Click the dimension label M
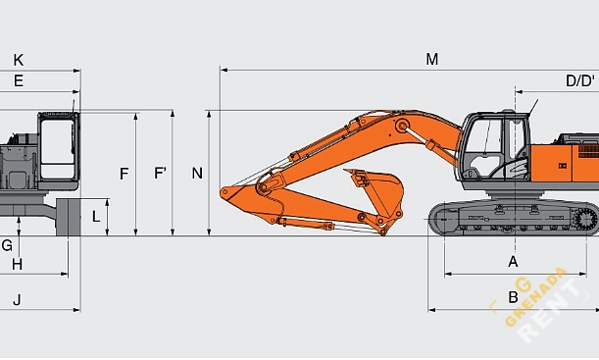click(431, 59)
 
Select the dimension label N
click(197, 174)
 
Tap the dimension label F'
click(160, 174)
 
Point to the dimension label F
click(124, 174)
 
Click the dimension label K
click(19, 60)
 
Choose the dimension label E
click(19, 80)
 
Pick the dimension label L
click(95, 216)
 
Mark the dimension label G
click(7, 245)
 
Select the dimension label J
click(17, 299)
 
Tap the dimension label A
click(512, 261)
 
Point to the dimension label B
click(512, 297)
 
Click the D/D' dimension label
click(579, 80)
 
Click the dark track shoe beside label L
click(69, 217)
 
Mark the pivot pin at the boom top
click(400, 125)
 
